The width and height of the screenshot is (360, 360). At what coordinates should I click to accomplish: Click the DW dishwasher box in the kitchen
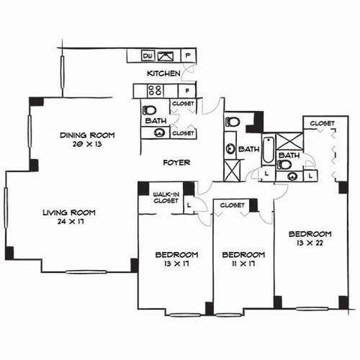(x=148, y=56)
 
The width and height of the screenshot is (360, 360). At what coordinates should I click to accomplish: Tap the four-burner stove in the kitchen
(x=155, y=91)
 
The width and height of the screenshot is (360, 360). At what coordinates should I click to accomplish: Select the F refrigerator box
(x=187, y=91)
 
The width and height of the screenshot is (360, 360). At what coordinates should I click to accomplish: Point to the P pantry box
(x=188, y=55)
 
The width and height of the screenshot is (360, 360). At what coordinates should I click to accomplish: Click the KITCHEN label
(x=163, y=73)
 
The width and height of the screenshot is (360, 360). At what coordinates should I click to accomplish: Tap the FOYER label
(x=176, y=163)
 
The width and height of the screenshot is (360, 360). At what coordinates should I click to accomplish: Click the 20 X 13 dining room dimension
(x=87, y=144)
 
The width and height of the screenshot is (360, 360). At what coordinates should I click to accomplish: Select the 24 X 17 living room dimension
(x=70, y=221)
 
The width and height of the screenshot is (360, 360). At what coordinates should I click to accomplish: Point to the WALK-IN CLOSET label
(x=166, y=197)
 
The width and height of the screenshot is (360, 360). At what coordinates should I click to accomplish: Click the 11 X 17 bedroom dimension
(x=242, y=263)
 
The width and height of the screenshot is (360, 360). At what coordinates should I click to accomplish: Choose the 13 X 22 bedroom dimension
(x=310, y=243)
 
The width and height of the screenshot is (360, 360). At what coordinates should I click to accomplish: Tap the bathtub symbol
(x=268, y=150)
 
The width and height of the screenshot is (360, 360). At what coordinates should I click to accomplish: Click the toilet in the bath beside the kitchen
(x=149, y=110)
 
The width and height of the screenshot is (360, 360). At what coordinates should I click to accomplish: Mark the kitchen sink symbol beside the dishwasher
(x=166, y=56)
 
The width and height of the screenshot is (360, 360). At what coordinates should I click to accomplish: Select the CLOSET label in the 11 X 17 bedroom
(x=232, y=205)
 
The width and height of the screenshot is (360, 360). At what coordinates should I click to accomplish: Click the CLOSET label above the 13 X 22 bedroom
(x=322, y=123)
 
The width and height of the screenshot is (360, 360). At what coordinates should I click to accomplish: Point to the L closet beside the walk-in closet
(x=189, y=205)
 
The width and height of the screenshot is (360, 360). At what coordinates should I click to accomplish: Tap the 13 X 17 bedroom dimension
(x=176, y=263)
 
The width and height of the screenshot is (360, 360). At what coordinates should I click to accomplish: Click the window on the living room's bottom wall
(x=86, y=272)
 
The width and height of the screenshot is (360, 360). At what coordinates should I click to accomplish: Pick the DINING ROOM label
(x=87, y=135)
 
